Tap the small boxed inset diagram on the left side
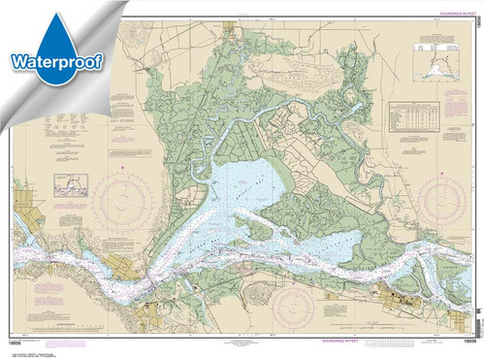tap(71, 183)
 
